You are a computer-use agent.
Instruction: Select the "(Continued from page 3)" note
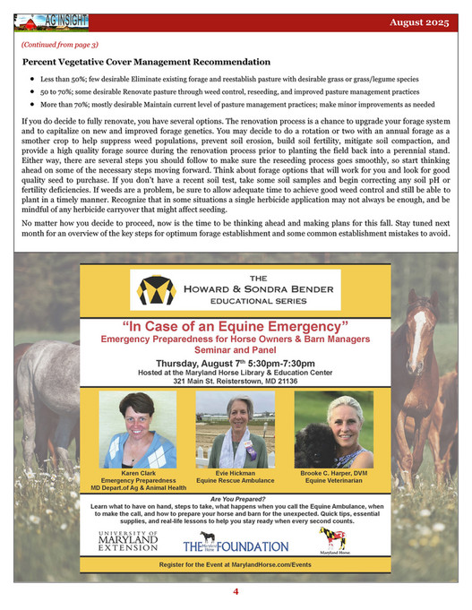click(x=60, y=44)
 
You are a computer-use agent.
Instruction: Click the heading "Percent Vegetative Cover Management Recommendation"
click(x=147, y=62)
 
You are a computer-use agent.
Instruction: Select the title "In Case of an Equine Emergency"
click(x=236, y=323)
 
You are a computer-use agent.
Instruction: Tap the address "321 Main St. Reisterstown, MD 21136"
click(x=236, y=380)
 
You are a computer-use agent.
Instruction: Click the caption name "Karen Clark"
click(x=137, y=473)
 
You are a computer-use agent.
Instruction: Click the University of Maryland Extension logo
click(x=129, y=540)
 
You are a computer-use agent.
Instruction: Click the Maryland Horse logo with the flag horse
click(x=333, y=539)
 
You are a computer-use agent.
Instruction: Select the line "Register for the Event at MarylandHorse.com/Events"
click(x=236, y=565)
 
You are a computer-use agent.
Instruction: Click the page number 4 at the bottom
click(x=236, y=592)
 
